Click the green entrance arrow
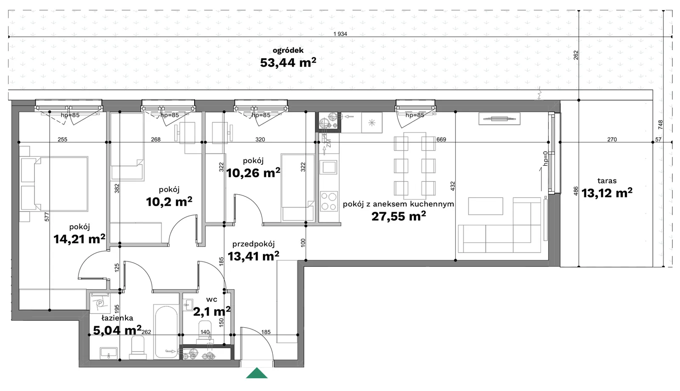257,373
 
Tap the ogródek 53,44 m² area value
288,63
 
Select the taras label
607,181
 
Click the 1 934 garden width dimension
340,34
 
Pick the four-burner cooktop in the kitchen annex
329,201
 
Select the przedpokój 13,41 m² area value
253,256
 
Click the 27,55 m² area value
399,216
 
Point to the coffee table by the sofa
485,206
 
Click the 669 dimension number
441,139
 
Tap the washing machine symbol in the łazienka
100,302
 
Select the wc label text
212,300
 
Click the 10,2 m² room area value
169,201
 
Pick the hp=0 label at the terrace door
545,159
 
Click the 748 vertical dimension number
660,125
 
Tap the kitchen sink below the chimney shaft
329,167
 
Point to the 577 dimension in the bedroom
47,216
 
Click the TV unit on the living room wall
499,119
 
